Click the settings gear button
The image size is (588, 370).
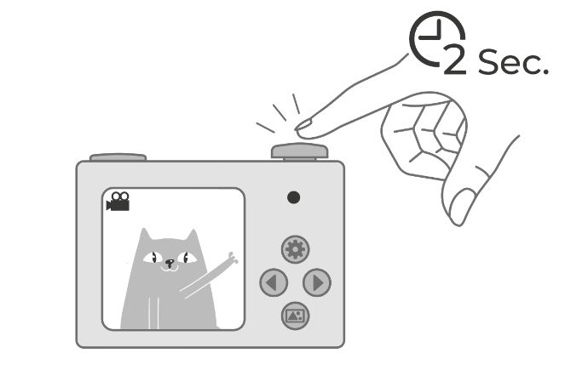coord(295,249)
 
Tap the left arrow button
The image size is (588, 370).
coord(274,282)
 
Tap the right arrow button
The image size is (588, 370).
coord(317,282)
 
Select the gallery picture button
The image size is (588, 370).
coord(295,316)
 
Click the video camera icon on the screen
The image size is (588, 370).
coord(118,202)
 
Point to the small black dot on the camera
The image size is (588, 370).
coord(293,197)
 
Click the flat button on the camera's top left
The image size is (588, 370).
coord(118,157)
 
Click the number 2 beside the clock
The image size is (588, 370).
coord(455,59)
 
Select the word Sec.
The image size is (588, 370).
coord(513,62)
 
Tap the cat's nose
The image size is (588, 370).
coord(170,262)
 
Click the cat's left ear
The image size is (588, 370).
coord(145,235)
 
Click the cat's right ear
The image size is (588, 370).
coord(193,236)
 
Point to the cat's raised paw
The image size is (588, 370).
coord(233,258)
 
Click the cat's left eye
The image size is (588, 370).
coord(153,258)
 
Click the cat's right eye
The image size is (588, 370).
coord(187,258)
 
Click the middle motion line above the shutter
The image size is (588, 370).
coord(280,112)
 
